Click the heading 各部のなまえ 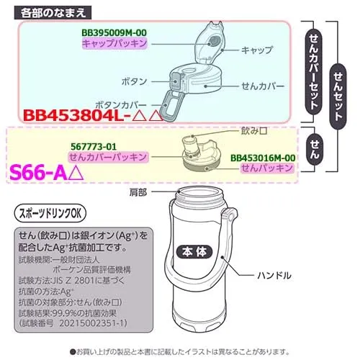[x=53, y=12]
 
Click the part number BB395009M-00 [x=114, y=33]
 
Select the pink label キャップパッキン [x=114, y=43]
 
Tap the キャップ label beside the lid [x=257, y=50]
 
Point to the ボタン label [x=135, y=81]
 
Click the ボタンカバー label [x=121, y=105]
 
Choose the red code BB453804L [x=73, y=116]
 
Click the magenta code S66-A [x=38, y=173]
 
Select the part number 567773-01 [x=94, y=147]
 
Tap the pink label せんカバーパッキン [x=108, y=157]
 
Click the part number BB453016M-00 [x=263, y=158]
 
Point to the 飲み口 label [x=254, y=131]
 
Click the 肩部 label [x=138, y=192]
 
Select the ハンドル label [x=274, y=275]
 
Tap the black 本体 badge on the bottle [x=194, y=252]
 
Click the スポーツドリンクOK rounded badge [x=50, y=213]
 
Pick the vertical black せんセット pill [x=338, y=96]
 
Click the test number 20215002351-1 [x=93, y=323]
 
